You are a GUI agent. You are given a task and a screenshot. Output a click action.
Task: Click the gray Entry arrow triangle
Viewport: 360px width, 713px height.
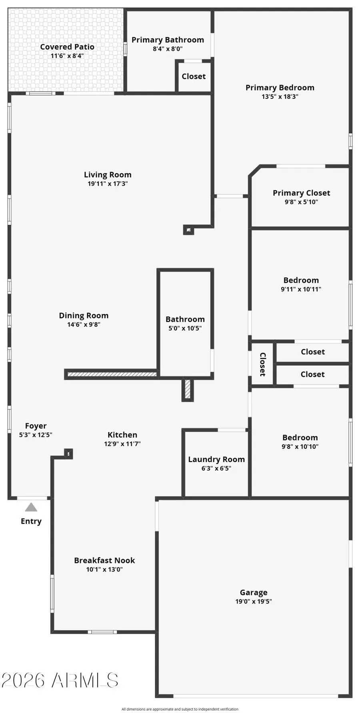[x=31, y=507]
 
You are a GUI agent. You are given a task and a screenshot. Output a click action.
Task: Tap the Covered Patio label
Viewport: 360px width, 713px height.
[x=67, y=47]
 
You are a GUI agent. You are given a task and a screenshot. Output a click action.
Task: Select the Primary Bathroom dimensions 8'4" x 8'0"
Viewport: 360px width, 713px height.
[x=168, y=49]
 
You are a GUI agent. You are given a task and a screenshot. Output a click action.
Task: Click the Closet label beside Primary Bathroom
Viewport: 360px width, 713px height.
[x=194, y=76]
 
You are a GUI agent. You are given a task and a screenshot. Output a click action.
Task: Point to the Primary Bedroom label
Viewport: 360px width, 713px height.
[x=280, y=88]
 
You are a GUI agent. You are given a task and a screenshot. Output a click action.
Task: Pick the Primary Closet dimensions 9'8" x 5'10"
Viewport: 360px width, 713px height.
[x=301, y=202]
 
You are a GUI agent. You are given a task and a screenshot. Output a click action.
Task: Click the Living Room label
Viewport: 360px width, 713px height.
[x=108, y=174]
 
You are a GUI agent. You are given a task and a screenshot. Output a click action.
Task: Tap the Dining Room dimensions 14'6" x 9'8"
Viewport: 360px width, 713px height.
[x=84, y=324]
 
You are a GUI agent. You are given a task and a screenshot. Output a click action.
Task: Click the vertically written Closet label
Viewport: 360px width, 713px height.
[x=263, y=364]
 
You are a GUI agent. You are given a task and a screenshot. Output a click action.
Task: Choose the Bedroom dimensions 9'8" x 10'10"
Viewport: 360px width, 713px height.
[x=300, y=447]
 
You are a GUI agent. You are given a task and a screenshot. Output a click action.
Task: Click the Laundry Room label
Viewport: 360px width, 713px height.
[x=216, y=459]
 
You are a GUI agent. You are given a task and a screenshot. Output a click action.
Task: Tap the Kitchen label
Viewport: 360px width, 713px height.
[x=122, y=435]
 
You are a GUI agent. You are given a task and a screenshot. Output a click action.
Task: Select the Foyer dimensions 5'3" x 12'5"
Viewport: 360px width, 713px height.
[x=36, y=435]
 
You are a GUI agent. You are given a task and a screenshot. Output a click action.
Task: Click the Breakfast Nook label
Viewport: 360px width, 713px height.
[x=104, y=560]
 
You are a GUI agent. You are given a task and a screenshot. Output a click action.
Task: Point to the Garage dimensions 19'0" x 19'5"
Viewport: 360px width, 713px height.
[x=254, y=601]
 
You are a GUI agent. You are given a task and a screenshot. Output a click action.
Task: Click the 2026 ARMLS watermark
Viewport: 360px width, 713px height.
[x=60, y=680]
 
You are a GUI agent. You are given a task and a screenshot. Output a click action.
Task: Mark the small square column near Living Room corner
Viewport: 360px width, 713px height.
[x=188, y=230]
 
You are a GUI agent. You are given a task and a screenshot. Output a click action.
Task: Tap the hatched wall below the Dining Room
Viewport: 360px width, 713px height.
[x=112, y=375]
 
